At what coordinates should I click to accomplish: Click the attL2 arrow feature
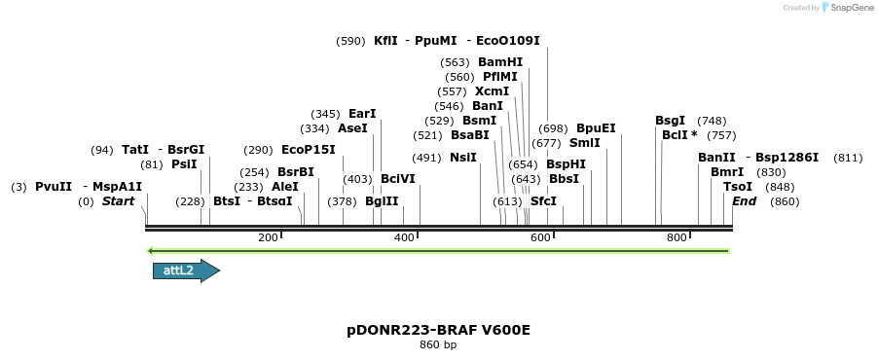(186, 270)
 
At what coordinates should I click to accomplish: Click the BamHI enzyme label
(500, 61)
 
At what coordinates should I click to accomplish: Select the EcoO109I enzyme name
(508, 41)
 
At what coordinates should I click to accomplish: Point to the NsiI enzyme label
(462, 157)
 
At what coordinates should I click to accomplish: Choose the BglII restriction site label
(382, 201)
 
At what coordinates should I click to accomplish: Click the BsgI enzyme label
(670, 121)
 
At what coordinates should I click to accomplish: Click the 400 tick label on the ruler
(405, 237)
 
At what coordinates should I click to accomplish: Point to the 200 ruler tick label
(269, 237)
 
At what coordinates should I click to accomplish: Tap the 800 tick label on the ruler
(677, 237)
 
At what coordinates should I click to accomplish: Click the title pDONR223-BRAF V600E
(438, 330)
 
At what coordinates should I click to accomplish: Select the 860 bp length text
(438, 345)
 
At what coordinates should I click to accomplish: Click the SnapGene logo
(845, 8)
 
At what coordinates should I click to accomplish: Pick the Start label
(118, 201)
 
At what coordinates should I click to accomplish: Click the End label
(744, 201)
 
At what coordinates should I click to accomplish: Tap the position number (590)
(350, 41)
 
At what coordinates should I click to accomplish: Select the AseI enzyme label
(352, 128)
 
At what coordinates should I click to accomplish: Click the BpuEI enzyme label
(596, 128)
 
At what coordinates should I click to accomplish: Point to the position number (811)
(848, 158)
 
